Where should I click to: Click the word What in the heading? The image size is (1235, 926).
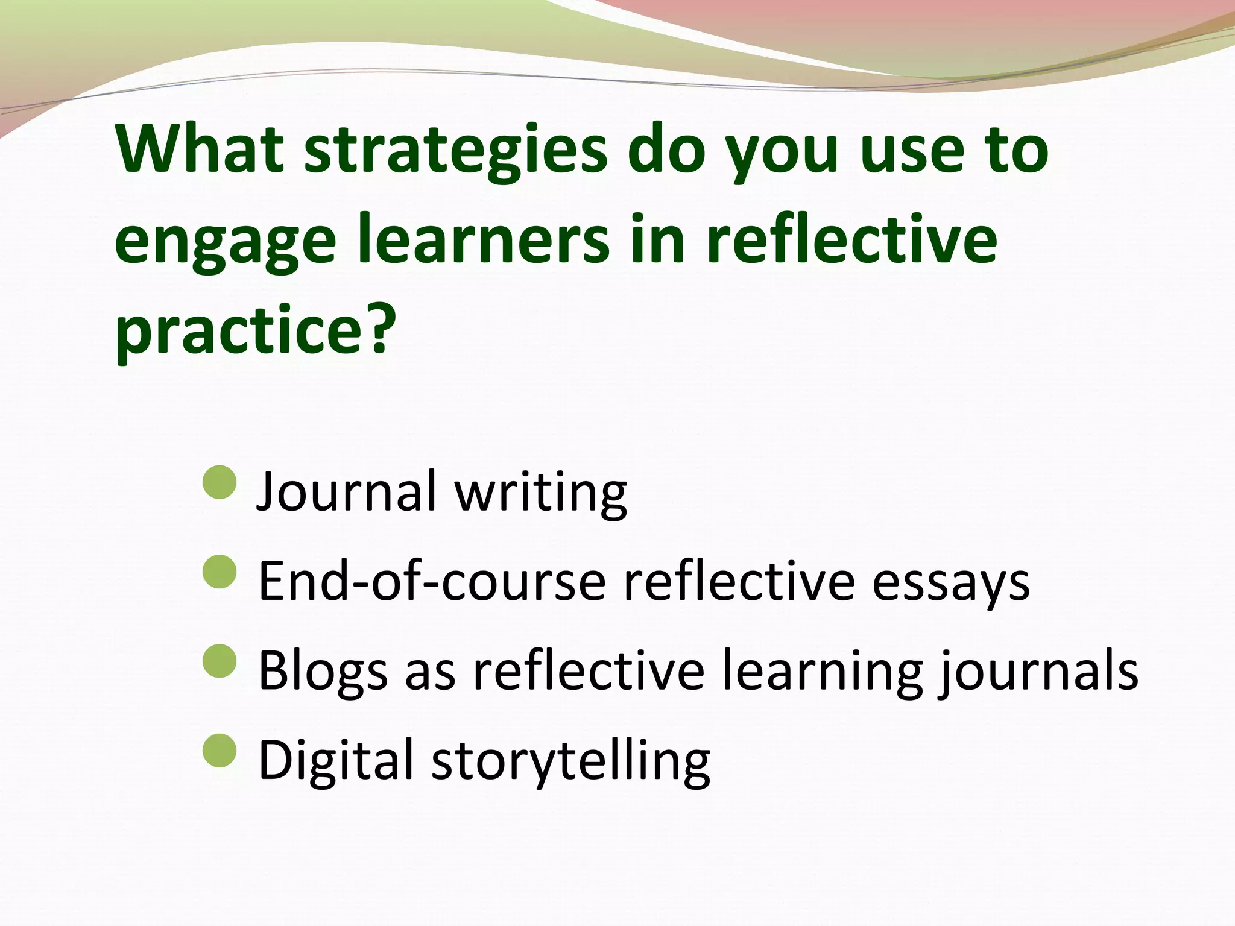(x=200, y=149)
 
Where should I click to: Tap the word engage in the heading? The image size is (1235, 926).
(x=225, y=241)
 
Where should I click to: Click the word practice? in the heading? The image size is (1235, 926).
(x=256, y=330)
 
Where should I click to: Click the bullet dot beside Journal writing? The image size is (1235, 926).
(x=220, y=482)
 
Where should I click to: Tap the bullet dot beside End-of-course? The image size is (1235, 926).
(x=220, y=572)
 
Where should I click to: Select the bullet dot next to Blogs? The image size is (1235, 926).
(x=220, y=661)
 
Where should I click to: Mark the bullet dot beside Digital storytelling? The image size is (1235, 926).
(x=220, y=751)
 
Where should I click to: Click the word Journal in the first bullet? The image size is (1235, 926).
(x=346, y=491)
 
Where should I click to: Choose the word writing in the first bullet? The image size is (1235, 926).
(x=541, y=493)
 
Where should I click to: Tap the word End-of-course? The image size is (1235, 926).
(x=432, y=581)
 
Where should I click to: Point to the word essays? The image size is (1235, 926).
(x=951, y=582)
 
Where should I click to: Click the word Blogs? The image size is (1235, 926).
(x=323, y=671)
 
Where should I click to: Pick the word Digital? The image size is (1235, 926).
(x=336, y=761)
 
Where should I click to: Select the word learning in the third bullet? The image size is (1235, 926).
(x=823, y=671)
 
